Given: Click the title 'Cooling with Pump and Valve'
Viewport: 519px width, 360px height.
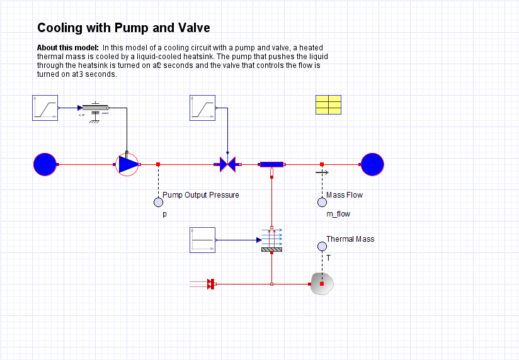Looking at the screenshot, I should (x=123, y=28).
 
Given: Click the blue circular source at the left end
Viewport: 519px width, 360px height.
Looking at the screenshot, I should (x=45, y=164).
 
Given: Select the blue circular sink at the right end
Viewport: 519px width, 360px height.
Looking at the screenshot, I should (x=372, y=164).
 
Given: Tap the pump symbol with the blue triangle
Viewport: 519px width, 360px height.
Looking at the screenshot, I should (x=127, y=164).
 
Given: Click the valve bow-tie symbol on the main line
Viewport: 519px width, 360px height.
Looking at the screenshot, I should (x=227, y=164).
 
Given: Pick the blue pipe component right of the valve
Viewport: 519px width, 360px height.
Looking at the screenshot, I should (x=271, y=164).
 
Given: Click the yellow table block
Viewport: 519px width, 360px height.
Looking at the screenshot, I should (x=328, y=104).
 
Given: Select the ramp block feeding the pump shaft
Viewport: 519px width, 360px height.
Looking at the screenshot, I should (x=45, y=108).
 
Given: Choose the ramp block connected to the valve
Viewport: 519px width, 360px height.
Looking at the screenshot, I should (x=202, y=108).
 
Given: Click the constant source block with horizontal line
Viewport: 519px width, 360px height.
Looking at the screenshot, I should (x=202, y=240).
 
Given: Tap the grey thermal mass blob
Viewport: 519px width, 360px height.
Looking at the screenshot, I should (x=322, y=284).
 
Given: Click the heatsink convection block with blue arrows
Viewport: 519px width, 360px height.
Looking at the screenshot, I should (x=271, y=240).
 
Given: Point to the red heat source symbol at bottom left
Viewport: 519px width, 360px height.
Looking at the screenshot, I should (x=211, y=284).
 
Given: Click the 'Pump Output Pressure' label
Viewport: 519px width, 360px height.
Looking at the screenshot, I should (x=201, y=195).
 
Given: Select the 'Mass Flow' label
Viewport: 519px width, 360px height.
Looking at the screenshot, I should (x=345, y=195).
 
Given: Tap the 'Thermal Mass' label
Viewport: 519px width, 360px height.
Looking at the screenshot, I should (x=350, y=239).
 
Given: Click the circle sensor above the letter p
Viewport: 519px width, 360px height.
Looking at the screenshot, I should (x=158, y=202).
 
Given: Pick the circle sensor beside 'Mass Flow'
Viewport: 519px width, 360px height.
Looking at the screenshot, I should (x=322, y=202).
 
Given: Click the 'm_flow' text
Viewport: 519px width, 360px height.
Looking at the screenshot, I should (x=338, y=214).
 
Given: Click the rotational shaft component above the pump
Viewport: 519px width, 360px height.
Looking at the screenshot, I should (x=96, y=108).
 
